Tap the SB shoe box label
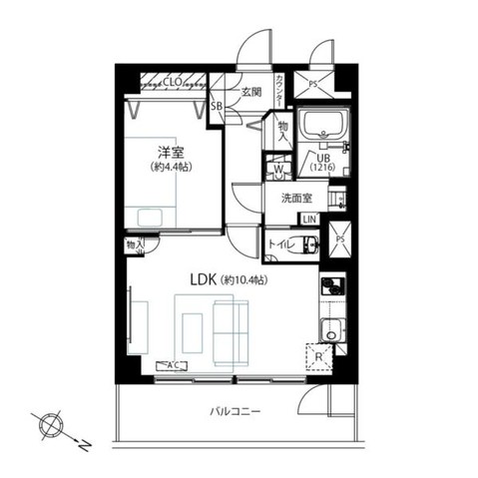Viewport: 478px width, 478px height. pos(216,103)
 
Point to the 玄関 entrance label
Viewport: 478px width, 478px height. pos(249,92)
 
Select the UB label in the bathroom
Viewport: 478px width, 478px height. pos(323,158)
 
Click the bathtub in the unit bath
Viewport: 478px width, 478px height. pos(324,127)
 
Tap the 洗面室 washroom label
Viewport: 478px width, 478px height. pos(296,196)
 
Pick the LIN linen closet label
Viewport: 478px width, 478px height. pos(310,219)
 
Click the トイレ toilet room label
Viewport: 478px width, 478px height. pos(278,241)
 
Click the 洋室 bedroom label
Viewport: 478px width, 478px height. pos(169,152)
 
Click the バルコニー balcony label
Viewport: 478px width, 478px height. pos(235,411)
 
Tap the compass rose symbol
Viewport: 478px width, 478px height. pos(49,424)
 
